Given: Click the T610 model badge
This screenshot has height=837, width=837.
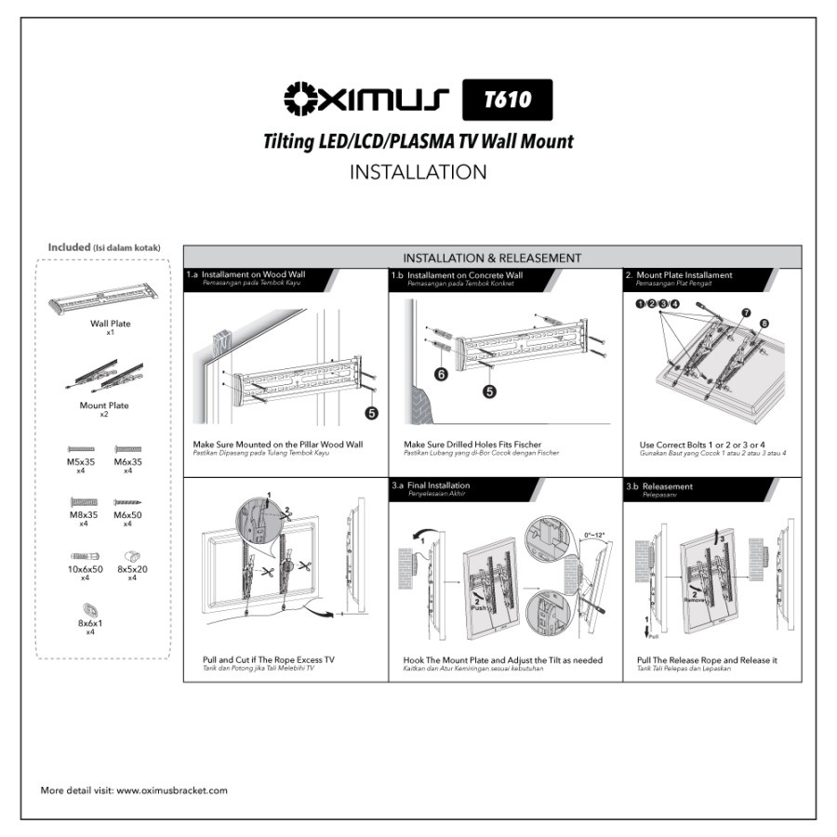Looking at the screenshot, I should [x=507, y=100].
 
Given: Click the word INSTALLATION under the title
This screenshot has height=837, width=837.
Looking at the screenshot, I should [x=418, y=172].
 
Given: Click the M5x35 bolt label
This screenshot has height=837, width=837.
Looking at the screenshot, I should [x=82, y=462].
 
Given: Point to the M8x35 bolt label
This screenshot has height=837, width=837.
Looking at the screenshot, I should [x=82, y=515].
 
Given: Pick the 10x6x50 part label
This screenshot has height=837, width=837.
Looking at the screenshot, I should [x=85, y=568].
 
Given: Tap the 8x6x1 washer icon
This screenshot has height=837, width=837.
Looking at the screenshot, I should [x=90, y=609].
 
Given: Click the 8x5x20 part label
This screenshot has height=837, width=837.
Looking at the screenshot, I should [x=132, y=568].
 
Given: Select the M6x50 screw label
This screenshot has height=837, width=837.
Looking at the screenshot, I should [x=127, y=515].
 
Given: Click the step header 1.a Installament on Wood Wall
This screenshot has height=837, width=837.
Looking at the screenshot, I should [x=246, y=275].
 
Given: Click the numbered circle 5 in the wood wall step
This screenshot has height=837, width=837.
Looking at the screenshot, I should [x=371, y=412].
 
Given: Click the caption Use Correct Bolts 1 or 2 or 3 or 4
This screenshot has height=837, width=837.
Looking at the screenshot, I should [x=704, y=445].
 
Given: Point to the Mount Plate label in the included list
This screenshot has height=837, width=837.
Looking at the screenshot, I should [x=103, y=405].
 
